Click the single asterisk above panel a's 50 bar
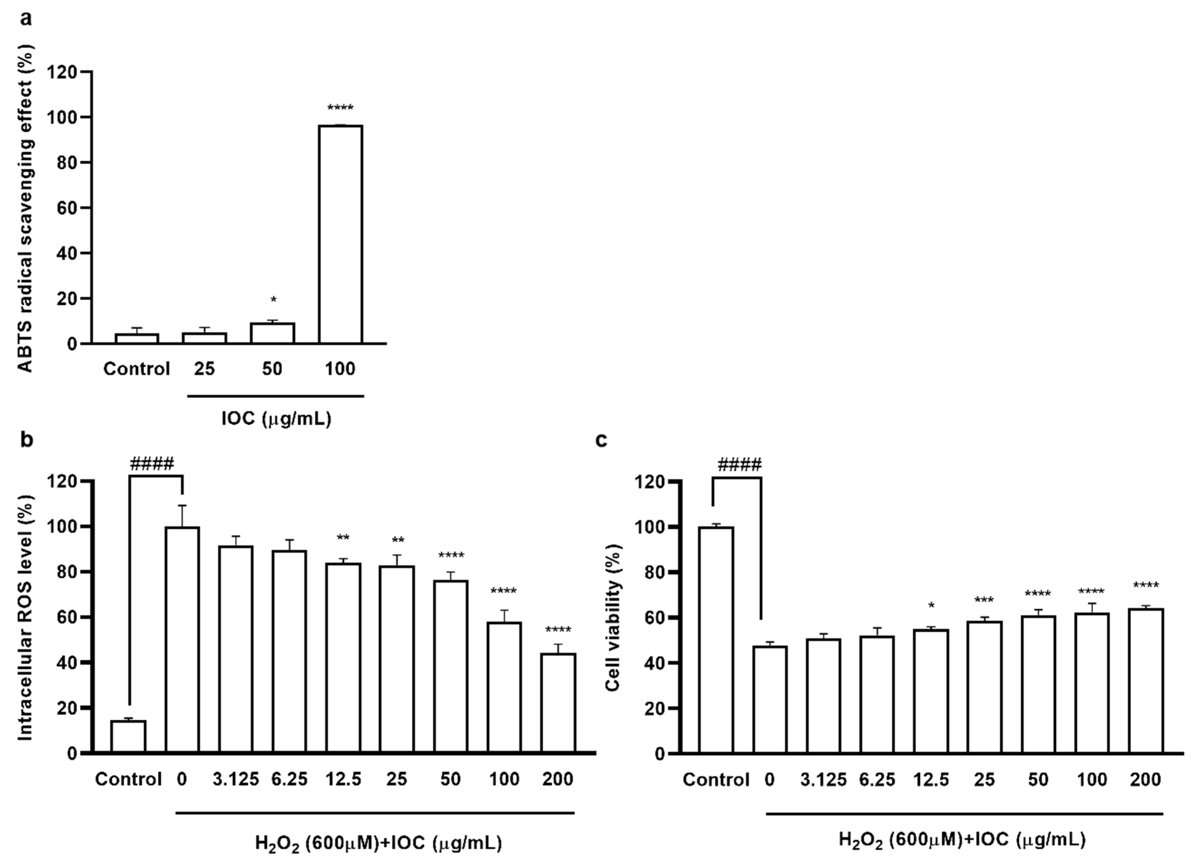(273, 301)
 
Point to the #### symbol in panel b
(152, 465)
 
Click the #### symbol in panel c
(739, 465)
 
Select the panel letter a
(25, 19)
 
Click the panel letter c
(601, 439)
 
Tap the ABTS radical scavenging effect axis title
(25, 208)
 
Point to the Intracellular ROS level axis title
(25, 617)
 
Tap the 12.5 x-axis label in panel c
(931, 779)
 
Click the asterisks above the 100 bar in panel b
(504, 592)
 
